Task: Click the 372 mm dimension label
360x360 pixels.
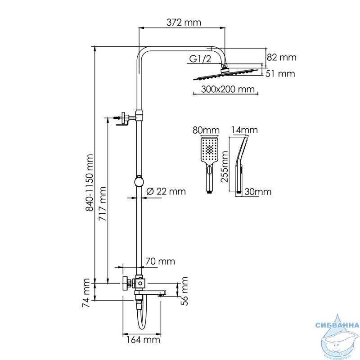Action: (184, 22)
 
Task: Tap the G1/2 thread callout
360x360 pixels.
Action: (200, 59)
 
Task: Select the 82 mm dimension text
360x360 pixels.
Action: (281, 57)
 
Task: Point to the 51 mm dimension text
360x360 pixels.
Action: (280, 74)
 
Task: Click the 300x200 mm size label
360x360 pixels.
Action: (228, 89)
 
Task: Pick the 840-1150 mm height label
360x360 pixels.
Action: (89, 183)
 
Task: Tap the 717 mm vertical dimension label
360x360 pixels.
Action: (103, 204)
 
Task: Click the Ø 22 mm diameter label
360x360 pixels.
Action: (166, 191)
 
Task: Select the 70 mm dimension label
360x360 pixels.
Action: (160, 261)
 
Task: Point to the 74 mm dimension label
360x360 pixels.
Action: (86, 293)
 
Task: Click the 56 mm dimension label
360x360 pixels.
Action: (184, 291)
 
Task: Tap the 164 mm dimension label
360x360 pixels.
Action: (143, 340)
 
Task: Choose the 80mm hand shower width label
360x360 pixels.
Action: (206, 130)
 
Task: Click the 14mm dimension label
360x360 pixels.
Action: (244, 130)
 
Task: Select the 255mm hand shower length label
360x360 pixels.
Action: (225, 166)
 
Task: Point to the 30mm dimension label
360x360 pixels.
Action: (257, 192)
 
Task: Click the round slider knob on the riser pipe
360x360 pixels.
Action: (139, 181)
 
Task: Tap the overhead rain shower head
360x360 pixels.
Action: (225, 74)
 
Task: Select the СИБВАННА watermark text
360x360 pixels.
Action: (337, 325)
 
